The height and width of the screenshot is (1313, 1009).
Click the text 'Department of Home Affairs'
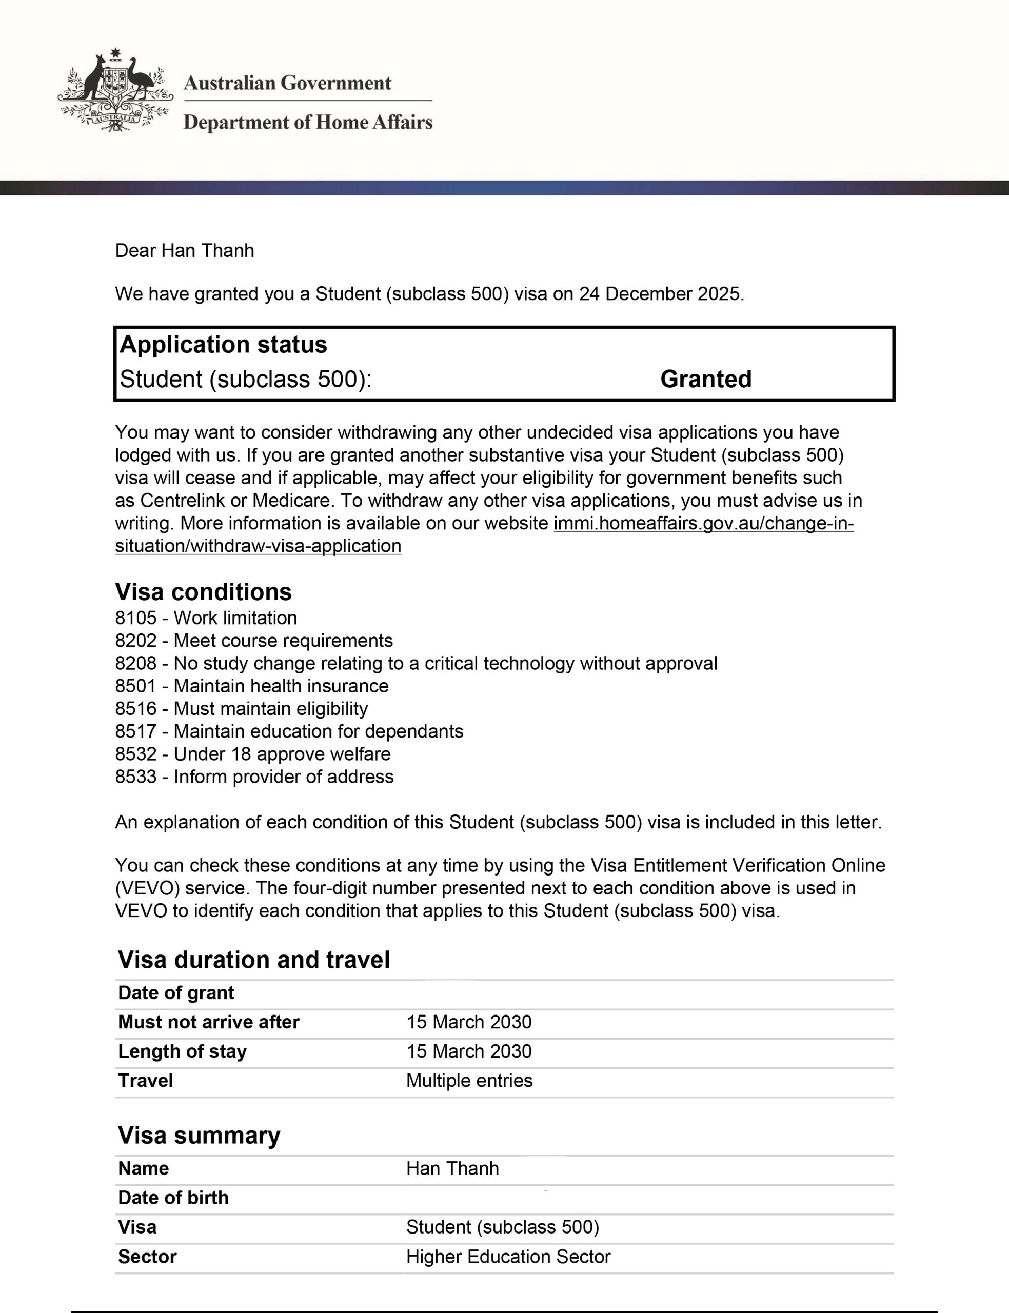coord(307,122)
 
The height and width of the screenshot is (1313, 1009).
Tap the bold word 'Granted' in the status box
coord(706,379)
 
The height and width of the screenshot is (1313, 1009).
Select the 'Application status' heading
coord(224,345)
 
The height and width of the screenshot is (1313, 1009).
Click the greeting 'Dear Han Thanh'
coord(184,250)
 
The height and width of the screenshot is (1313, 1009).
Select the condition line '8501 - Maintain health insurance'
coord(252,686)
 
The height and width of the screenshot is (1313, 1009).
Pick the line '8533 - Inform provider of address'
coord(254,777)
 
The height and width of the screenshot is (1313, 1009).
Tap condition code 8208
coord(136,663)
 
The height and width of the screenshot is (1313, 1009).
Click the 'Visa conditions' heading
coord(203,591)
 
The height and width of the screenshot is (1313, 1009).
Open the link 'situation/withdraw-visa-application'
coord(258,546)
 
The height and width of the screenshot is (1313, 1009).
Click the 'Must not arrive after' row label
coord(208,1022)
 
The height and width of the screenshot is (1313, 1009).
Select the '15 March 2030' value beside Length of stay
coord(468,1051)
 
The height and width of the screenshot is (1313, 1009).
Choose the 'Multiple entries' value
coord(469,1081)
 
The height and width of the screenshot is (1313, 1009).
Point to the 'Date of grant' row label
coord(176,992)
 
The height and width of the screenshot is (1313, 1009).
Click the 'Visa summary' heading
coord(199,1136)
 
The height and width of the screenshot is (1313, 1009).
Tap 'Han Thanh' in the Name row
coord(452,1168)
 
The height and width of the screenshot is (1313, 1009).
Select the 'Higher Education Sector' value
coord(508,1257)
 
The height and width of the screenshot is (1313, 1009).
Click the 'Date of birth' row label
coord(173,1198)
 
